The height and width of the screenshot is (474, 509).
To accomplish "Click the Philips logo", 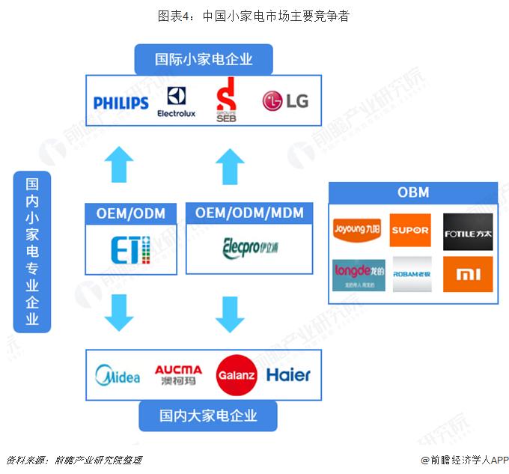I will (121, 103).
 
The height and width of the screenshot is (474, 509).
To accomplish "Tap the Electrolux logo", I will (177, 102).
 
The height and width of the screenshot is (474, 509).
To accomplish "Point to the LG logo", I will (285, 100).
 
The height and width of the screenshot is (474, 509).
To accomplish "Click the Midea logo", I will (118, 374).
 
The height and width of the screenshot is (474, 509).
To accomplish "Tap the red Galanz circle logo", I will (237, 374).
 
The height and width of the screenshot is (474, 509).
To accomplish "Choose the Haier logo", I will (288, 374).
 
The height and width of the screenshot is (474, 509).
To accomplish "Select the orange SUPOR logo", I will (410, 230).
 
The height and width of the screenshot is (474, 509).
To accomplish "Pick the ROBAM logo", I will (410, 275).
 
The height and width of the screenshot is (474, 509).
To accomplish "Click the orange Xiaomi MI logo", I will (468, 275).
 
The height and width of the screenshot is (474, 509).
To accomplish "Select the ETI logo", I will (131, 249).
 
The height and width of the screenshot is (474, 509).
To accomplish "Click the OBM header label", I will (413, 192).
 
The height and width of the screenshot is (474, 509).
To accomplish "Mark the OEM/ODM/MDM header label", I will (249, 213).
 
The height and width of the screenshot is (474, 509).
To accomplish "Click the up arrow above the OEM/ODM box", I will (118, 165).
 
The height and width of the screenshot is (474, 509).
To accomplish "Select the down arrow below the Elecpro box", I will (230, 314).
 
